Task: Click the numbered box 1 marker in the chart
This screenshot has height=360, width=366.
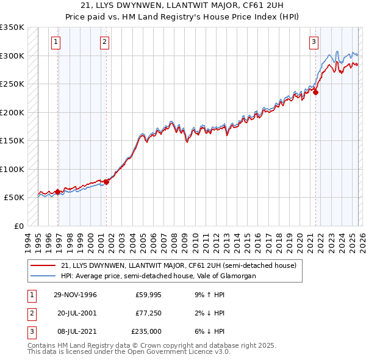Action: click(x=56, y=42)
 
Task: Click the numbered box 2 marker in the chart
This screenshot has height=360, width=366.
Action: click(x=104, y=42)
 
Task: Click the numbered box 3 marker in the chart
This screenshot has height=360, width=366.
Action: click(x=313, y=42)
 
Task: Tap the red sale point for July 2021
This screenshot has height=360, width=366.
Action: click(x=316, y=93)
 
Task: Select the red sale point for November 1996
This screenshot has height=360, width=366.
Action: click(x=58, y=192)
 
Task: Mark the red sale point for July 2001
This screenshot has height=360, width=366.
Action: click(x=106, y=181)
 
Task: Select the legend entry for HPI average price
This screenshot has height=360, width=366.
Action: click(x=158, y=276)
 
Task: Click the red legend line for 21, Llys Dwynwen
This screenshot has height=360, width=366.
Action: click(x=43, y=265)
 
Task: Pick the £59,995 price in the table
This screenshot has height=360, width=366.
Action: click(x=148, y=295)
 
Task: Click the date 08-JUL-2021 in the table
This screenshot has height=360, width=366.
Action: click(x=75, y=331)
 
